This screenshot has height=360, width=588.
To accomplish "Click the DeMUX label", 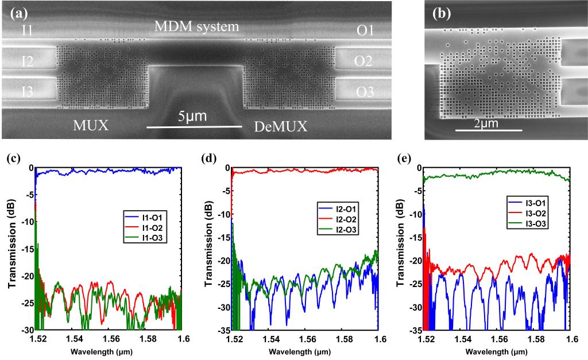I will click(x=281, y=127).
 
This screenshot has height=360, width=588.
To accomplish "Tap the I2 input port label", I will click(x=27, y=61).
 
